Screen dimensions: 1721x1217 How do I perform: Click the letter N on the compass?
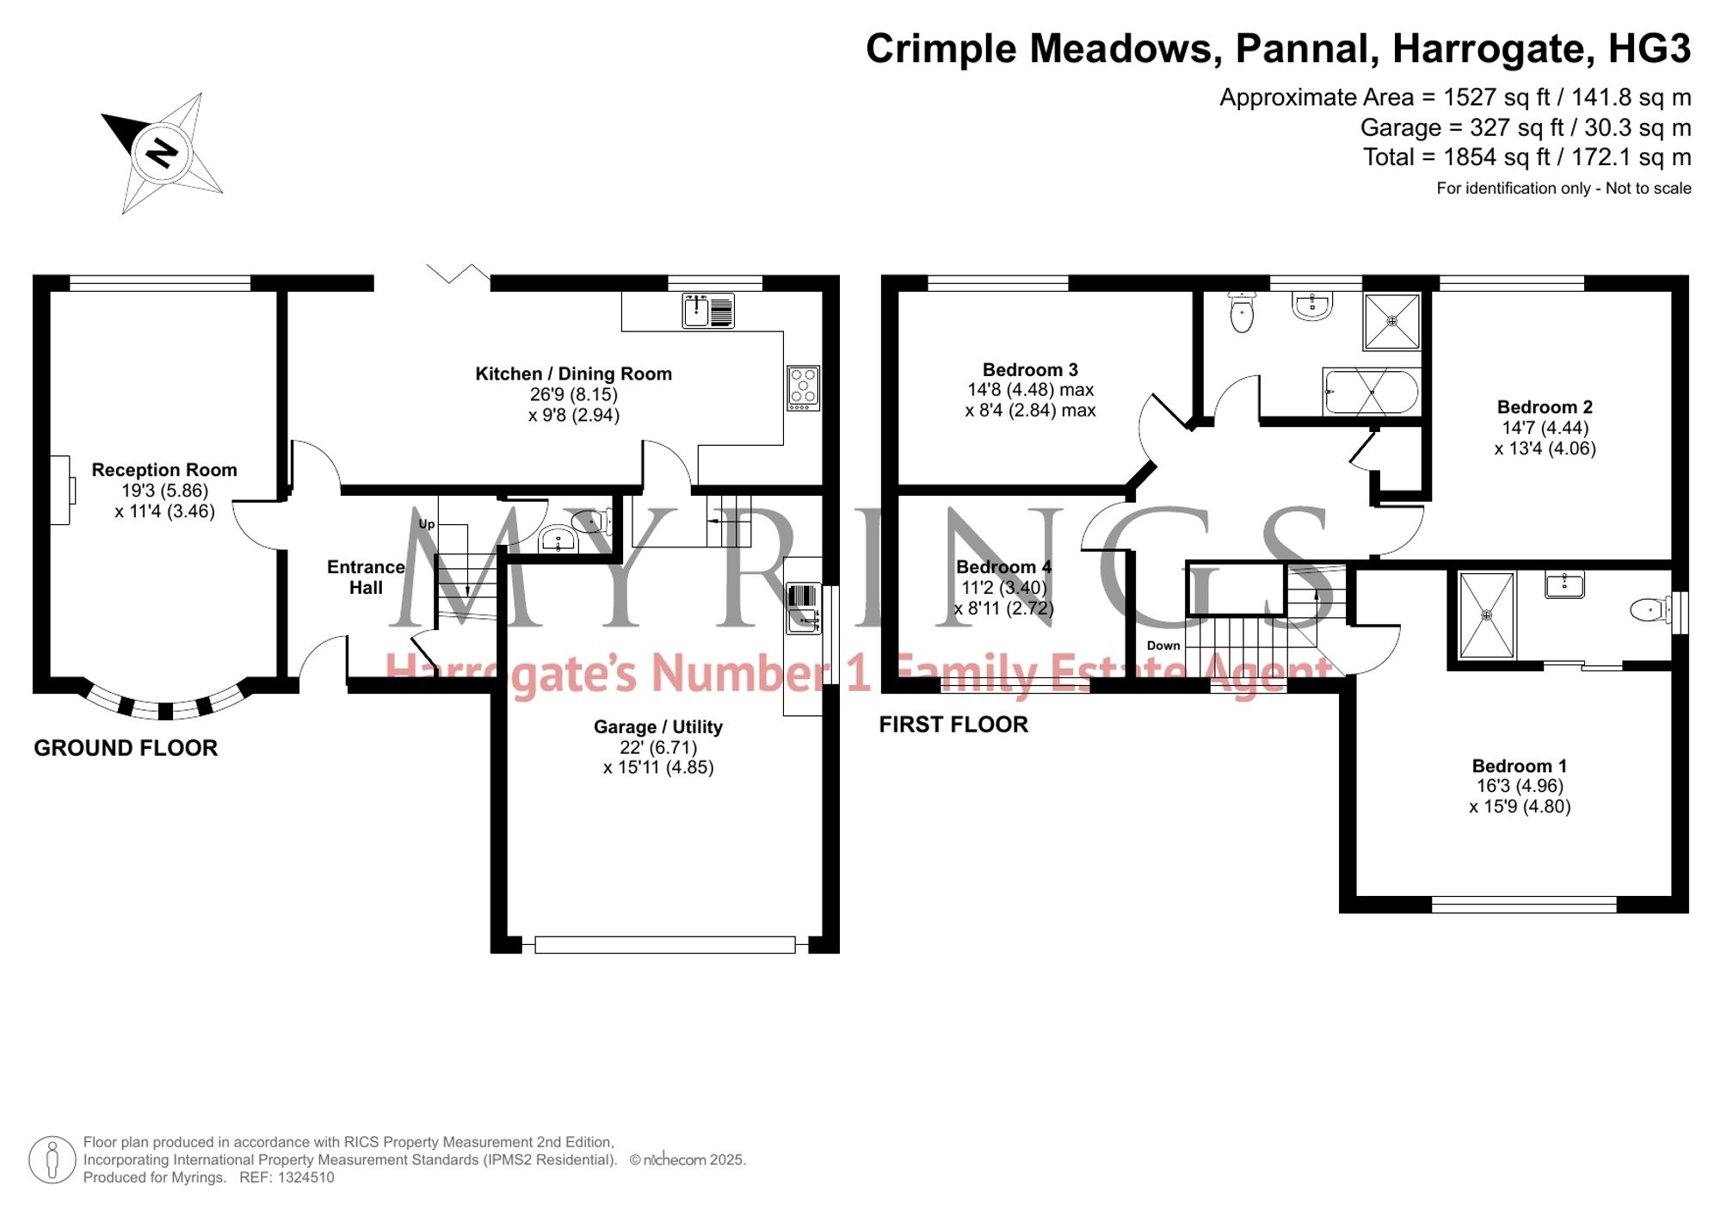[x=161, y=153]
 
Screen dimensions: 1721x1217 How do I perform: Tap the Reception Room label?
[x=164, y=470]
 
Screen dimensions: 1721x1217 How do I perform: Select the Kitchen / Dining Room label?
[x=573, y=374]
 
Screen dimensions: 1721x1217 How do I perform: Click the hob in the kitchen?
[x=804, y=388]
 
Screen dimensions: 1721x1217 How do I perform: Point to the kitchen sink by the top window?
[x=708, y=310]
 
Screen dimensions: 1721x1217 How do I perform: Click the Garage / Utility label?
[x=658, y=726]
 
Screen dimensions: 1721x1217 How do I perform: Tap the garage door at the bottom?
[x=664, y=944]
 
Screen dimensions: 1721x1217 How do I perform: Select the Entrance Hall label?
[x=366, y=578]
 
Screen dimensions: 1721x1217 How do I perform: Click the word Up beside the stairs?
[x=426, y=523]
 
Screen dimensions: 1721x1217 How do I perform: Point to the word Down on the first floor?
[x=1163, y=646]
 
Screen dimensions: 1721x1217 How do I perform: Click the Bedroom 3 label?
[x=1030, y=370]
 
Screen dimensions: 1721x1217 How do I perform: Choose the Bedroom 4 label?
[x=1004, y=567]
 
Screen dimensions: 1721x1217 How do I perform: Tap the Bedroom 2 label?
[x=1545, y=407]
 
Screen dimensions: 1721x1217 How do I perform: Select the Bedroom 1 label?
[x=1520, y=766]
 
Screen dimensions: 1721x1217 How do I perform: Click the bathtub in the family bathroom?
[x=1372, y=392]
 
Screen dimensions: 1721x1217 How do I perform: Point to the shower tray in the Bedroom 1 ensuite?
[x=1486, y=615]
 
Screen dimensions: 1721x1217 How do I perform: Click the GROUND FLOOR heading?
[x=126, y=748]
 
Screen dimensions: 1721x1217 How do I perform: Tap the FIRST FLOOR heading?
[x=953, y=725]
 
